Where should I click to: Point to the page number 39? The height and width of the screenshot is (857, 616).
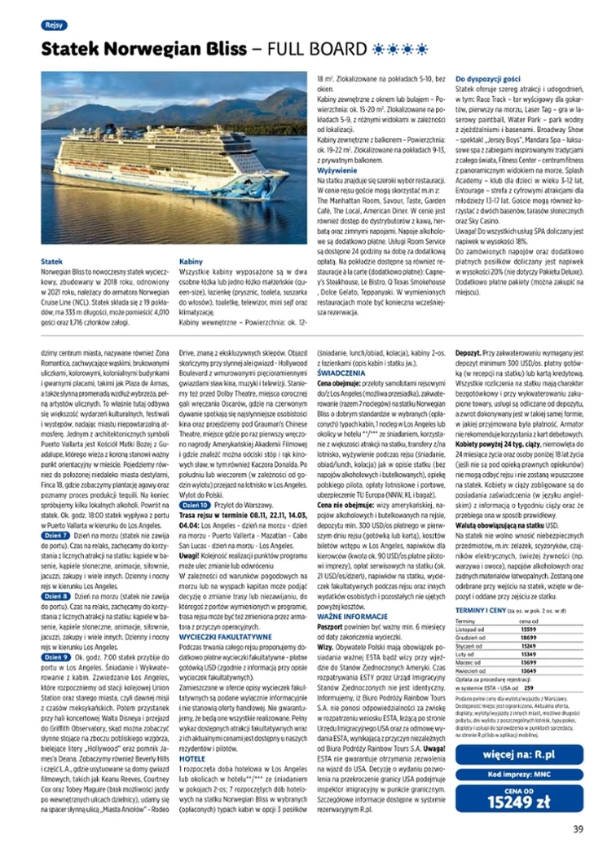coord(578,830)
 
